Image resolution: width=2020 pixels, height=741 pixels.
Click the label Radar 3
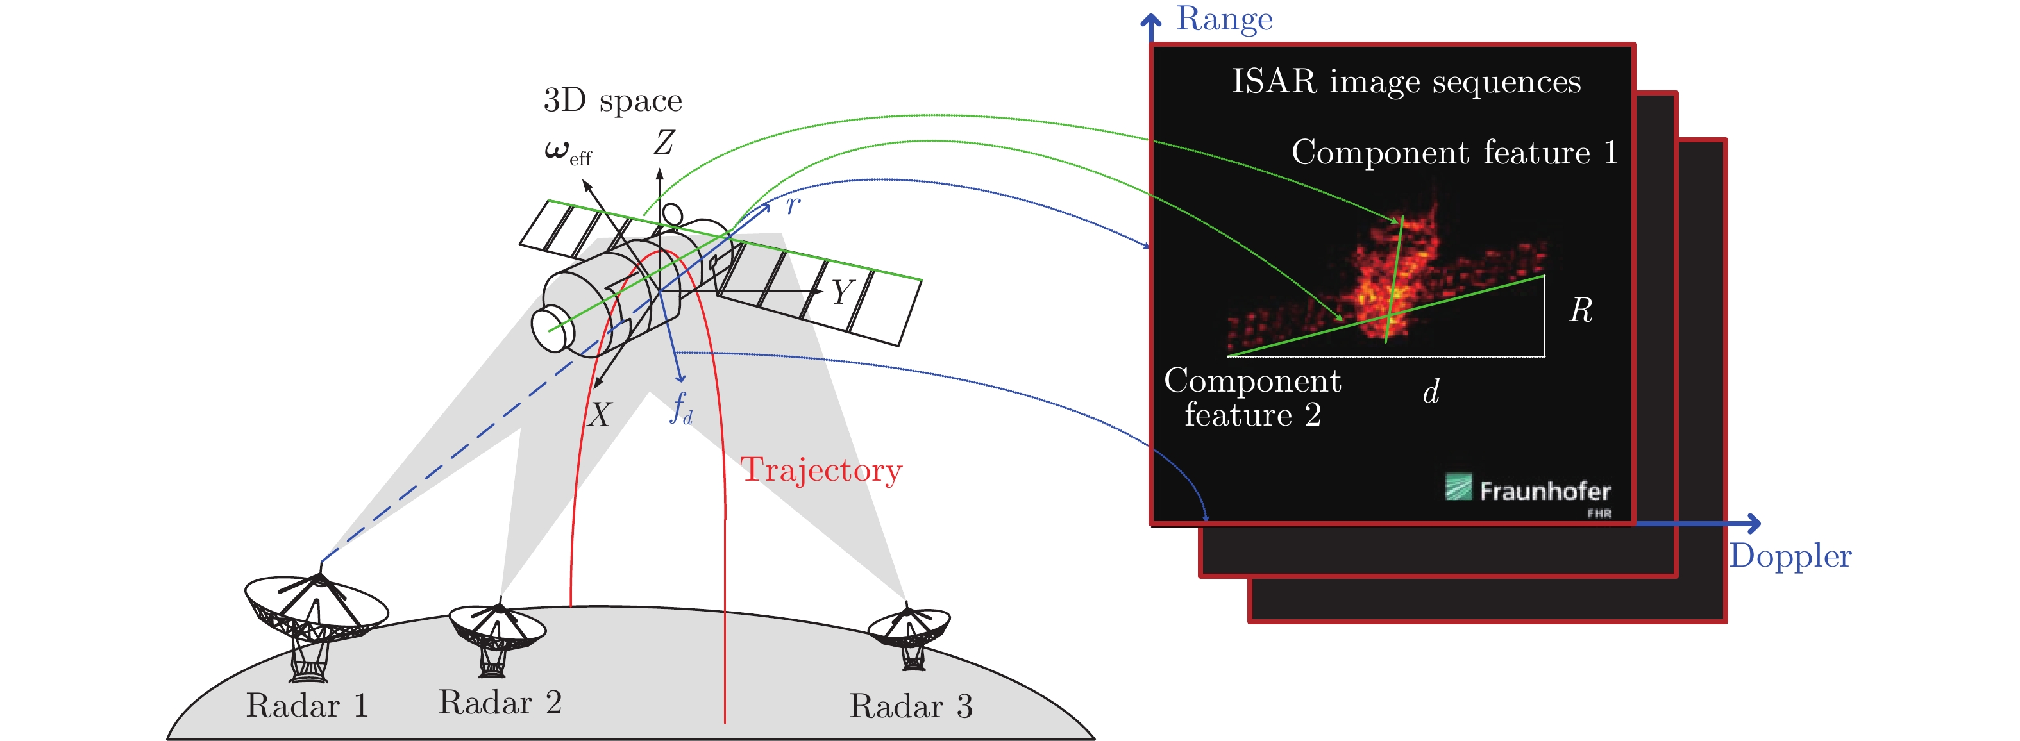coord(911,706)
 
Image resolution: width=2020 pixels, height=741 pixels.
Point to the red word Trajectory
coord(821,470)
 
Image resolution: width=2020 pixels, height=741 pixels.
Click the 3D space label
coord(612,101)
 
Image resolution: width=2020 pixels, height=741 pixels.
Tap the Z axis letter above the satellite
coord(664,143)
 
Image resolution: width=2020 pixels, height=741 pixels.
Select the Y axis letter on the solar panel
coord(841,292)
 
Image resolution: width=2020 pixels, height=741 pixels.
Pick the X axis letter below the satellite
coord(599,414)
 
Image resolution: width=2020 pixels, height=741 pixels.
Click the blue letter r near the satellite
coord(793,205)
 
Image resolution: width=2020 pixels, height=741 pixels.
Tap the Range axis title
coord(1224,19)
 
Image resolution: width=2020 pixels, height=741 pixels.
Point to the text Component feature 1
coord(1454,152)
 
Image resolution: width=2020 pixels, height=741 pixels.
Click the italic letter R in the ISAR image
coord(1580,310)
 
